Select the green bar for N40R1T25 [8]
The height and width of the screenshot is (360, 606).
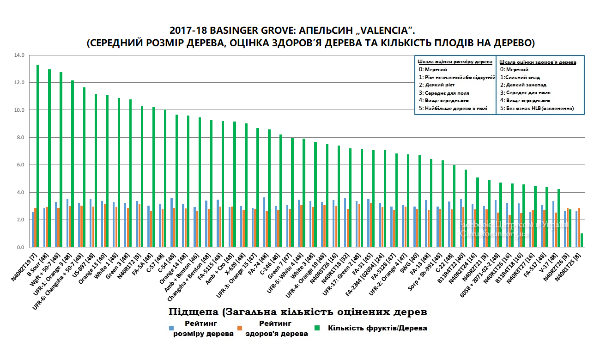pyautogui.click(x=582, y=240)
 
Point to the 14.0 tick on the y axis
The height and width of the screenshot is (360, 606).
pyautogui.click(x=20, y=55)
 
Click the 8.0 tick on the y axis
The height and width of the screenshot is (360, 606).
pyautogui.click(x=20, y=138)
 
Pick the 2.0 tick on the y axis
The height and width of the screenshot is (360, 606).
pyautogui.click(x=20, y=220)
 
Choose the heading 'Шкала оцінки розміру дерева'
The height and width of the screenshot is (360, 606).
pyautogui.click(x=454, y=61)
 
